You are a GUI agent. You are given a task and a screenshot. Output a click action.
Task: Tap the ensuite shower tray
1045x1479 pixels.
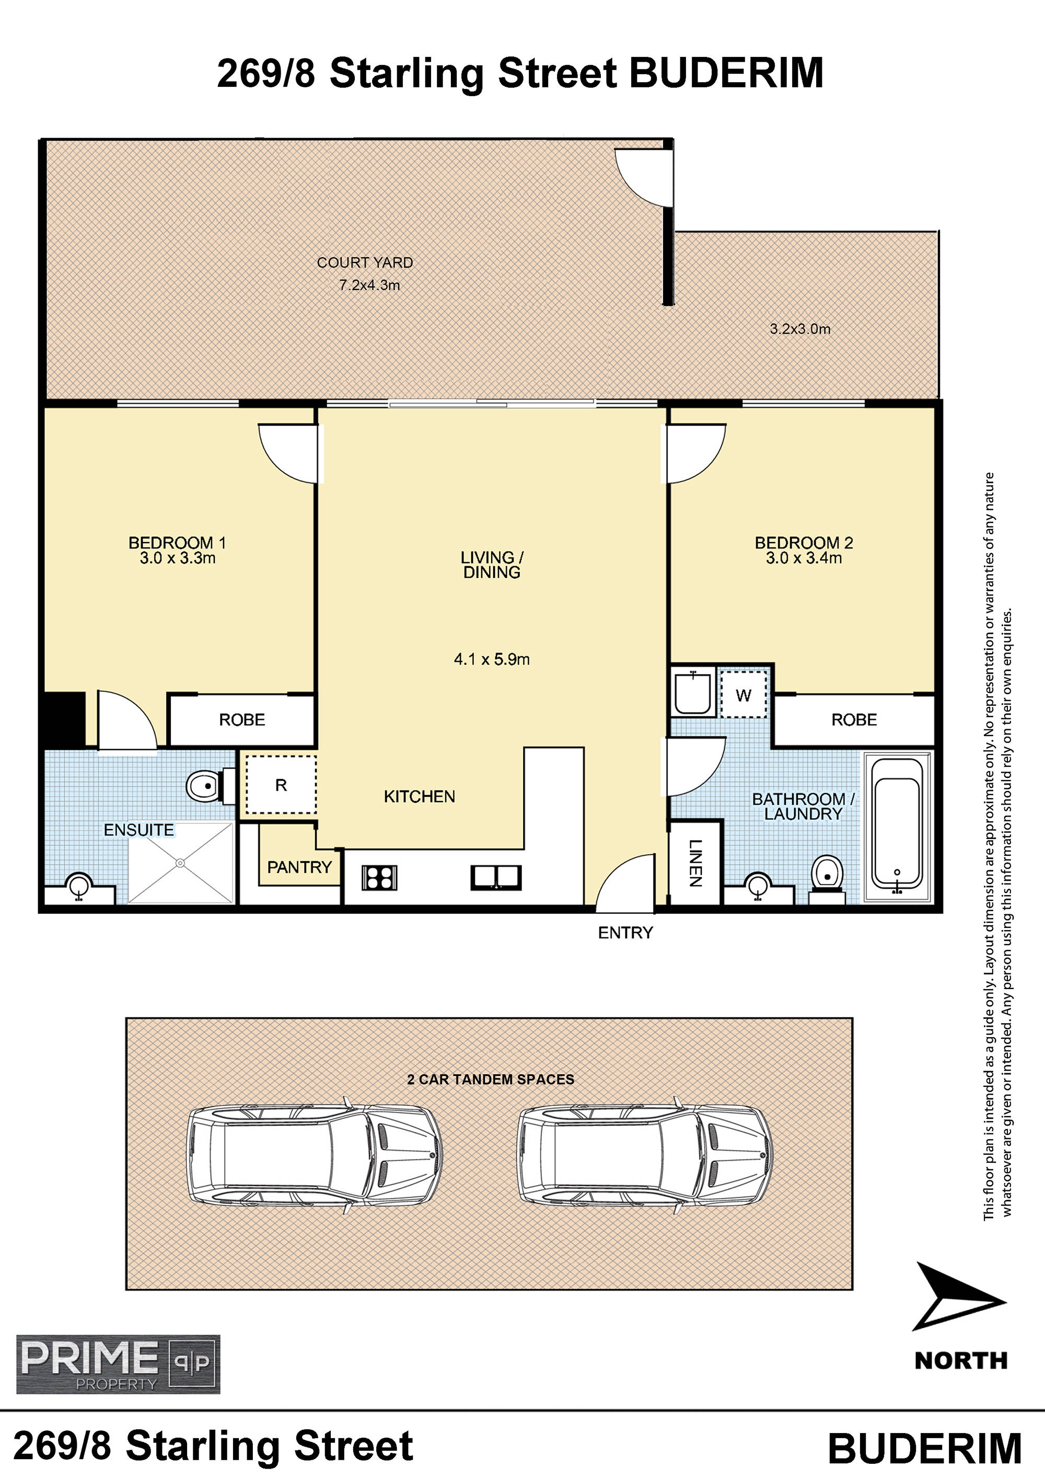pyautogui.click(x=180, y=863)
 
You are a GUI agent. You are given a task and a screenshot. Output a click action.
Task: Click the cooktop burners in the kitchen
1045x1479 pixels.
pyautogui.click(x=379, y=877)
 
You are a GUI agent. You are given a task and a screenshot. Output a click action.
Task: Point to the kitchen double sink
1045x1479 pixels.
pyautogui.click(x=496, y=877)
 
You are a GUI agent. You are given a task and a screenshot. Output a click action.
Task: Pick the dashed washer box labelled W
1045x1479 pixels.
pyautogui.click(x=744, y=694)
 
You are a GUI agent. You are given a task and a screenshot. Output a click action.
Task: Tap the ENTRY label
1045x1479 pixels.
pyautogui.click(x=625, y=933)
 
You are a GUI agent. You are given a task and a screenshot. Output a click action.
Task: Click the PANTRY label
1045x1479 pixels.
pyautogui.click(x=299, y=867)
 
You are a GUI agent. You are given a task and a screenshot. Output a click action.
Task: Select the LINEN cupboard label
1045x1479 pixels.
pyautogui.click(x=695, y=863)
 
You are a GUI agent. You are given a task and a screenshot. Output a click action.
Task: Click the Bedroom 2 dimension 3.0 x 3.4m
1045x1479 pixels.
pyautogui.click(x=804, y=558)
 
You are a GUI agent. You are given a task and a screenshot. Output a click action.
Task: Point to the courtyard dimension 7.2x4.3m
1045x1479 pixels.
pyautogui.click(x=369, y=285)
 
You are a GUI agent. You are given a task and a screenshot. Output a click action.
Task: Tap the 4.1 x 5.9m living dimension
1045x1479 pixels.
pyautogui.click(x=492, y=659)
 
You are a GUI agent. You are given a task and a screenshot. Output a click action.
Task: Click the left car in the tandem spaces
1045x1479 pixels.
pyautogui.click(x=314, y=1155)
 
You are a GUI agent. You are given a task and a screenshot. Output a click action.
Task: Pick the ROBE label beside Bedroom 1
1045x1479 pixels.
pyautogui.click(x=242, y=719)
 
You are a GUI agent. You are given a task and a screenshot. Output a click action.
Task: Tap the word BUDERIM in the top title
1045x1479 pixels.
pyautogui.click(x=726, y=73)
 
